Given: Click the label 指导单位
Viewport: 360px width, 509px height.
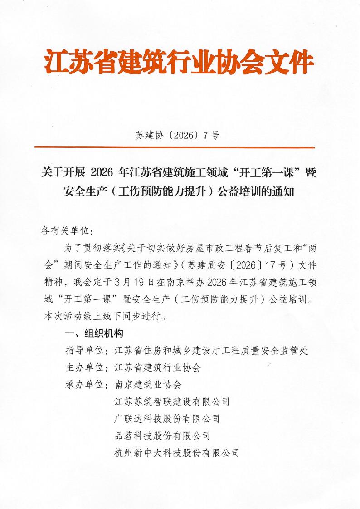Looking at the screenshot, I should [x=86, y=351].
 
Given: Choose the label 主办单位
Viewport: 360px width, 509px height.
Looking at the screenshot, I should [x=86, y=367].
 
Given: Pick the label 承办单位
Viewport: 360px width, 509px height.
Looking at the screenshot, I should [x=86, y=385].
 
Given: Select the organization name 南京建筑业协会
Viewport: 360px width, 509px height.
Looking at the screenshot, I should [x=148, y=385].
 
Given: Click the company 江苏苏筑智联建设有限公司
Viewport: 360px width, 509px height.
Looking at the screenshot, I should [x=172, y=401].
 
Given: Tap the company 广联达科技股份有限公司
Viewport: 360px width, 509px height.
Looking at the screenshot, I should [x=167, y=418].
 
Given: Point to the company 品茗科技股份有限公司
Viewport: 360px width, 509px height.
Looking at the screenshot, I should [x=162, y=436].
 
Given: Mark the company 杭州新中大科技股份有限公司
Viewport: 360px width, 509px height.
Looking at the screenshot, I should [x=177, y=452].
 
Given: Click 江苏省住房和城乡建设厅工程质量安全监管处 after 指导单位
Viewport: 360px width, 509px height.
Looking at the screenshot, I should [x=211, y=351].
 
